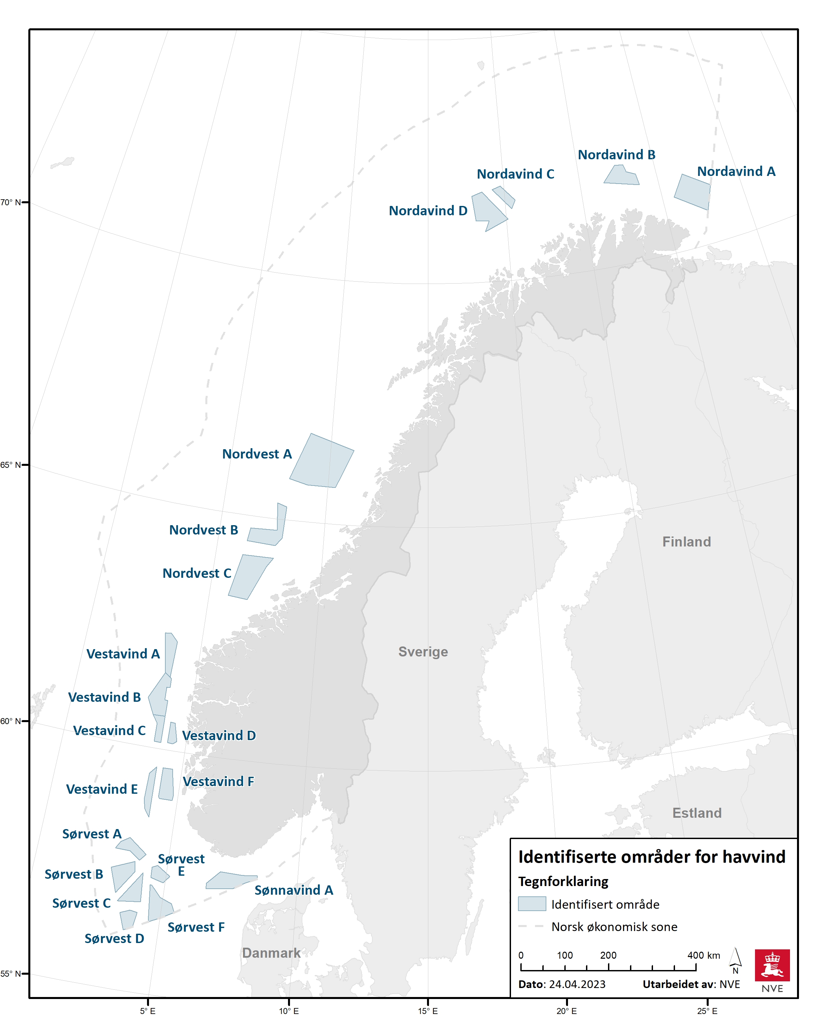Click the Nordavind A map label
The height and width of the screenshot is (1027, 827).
click(736, 172)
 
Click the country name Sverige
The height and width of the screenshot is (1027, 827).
click(423, 652)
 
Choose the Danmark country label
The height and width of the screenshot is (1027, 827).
click(271, 953)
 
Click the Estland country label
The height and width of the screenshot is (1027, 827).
click(697, 813)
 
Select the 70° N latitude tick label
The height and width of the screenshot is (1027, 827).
click(10, 203)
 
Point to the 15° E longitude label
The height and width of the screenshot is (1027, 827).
click(428, 1011)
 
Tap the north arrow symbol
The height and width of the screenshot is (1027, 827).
click(736, 957)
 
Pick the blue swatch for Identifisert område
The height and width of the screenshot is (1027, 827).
click(532, 904)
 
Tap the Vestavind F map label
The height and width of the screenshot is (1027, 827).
click(218, 782)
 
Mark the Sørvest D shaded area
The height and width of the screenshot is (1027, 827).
click(128, 919)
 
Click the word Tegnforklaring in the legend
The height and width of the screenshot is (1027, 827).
click(563, 881)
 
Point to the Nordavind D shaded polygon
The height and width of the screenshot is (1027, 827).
click(487, 210)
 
